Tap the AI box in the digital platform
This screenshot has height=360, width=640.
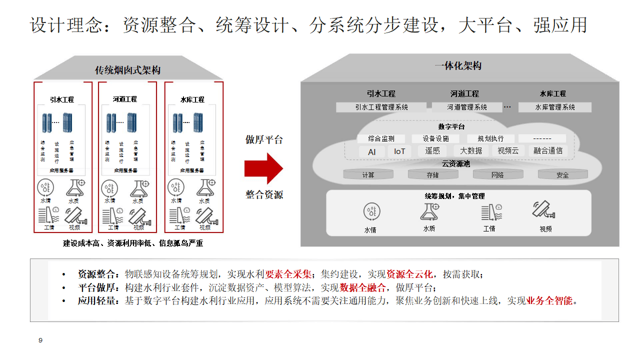371,151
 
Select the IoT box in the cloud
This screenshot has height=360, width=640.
399,151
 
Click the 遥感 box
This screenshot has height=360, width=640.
432,150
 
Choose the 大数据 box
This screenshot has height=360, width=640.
471,150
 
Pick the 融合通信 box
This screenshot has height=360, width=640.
547,150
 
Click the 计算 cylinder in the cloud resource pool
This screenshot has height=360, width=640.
368,174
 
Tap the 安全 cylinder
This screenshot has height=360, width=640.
562,174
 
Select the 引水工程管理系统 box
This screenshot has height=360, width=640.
381,107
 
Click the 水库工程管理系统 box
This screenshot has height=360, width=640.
555,107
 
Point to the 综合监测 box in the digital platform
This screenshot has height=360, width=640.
381,138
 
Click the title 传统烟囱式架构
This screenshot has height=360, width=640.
128,70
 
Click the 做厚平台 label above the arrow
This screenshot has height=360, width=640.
264,139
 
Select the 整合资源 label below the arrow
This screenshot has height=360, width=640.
264,194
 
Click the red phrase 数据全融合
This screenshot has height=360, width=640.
363,287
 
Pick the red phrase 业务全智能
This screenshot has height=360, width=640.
549,301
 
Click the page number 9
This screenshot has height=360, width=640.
40,340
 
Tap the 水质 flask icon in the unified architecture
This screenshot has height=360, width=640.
428,212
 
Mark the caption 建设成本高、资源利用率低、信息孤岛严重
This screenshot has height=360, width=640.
133,243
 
